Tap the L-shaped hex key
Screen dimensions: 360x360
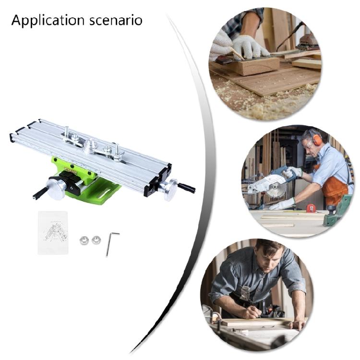coord(110,242)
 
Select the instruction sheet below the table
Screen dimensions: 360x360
coord(53,233)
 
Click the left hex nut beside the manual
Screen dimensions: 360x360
coord(84,240)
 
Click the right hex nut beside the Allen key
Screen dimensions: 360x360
coord(96,240)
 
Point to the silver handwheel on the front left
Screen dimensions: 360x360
coord(57,188)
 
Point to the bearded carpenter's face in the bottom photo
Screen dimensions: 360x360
coord(269,262)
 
